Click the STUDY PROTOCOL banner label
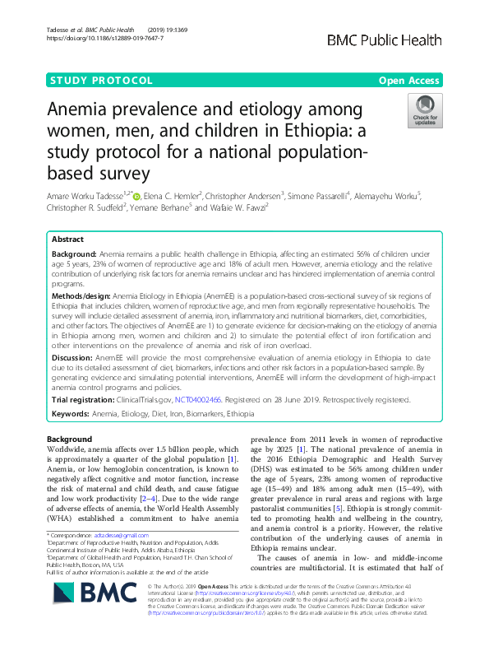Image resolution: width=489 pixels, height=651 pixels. (x=102, y=81)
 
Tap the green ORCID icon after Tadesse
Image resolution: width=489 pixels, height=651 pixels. (x=136, y=196)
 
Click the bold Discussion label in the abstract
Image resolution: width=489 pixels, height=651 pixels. (x=77, y=359)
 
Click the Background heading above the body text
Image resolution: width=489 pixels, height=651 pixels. (x=70, y=439)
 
